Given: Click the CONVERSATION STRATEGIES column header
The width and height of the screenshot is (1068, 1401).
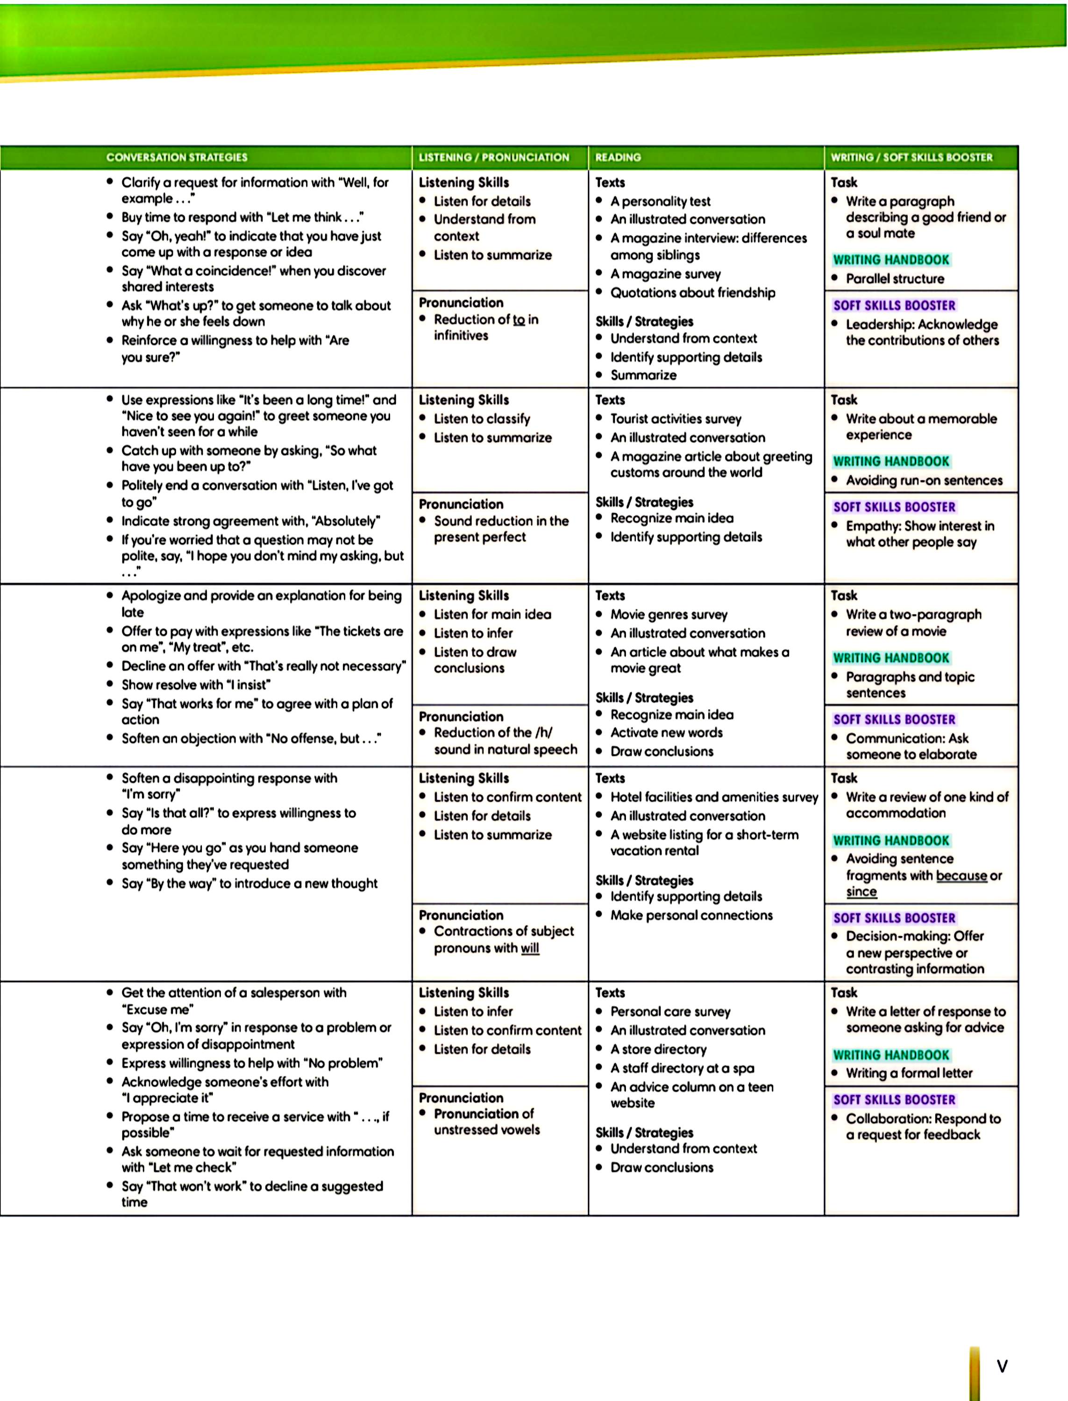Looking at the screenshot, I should click(x=177, y=157).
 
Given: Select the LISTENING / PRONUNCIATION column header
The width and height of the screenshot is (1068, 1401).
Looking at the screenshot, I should click(x=493, y=157).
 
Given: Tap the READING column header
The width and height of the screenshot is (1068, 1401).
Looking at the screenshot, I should click(x=618, y=157).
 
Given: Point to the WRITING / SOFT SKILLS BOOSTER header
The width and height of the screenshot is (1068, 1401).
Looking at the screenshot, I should click(x=911, y=157).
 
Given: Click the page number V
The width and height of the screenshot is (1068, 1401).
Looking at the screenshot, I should click(x=1002, y=1366).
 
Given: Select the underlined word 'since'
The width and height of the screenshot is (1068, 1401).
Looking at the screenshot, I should click(x=862, y=892).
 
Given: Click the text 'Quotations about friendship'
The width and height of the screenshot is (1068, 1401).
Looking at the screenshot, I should click(x=692, y=292).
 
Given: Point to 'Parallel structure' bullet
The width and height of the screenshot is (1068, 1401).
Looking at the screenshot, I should click(x=895, y=278).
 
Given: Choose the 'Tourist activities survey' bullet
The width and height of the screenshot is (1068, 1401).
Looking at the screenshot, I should click(x=676, y=419).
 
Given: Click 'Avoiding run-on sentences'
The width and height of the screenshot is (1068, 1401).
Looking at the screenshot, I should click(x=924, y=481).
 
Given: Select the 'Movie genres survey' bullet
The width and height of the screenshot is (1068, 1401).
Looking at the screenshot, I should click(x=669, y=615).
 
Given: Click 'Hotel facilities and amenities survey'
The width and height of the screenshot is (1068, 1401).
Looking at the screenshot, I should click(x=714, y=797).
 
